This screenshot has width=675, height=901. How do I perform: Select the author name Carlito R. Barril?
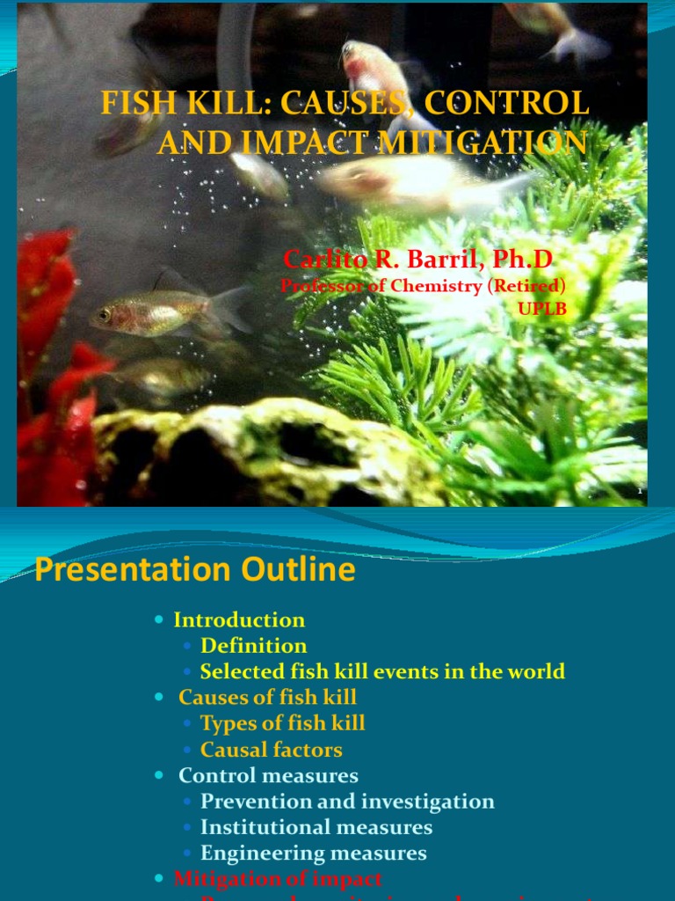point(396,260)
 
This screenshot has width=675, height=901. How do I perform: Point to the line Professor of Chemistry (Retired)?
point(423,285)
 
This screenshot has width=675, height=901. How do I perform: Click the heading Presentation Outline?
point(195,570)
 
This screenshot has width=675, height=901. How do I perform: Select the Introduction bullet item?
point(239,619)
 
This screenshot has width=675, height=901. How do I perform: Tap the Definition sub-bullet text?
point(253,646)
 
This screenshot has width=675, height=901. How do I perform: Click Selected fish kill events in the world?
point(382,671)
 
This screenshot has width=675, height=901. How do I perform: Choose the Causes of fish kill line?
point(267,698)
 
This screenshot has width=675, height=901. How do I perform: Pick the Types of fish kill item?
point(282,723)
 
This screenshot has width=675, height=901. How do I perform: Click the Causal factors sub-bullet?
point(271,750)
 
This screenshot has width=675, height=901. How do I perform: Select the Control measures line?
point(268,775)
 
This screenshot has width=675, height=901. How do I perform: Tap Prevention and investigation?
point(347,802)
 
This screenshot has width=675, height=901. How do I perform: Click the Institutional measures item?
point(316,827)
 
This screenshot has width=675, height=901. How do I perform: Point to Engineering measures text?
point(313,853)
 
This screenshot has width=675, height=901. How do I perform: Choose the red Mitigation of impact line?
point(278,878)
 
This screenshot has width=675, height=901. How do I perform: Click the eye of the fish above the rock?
point(105,314)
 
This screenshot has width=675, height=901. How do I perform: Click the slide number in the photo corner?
point(640,491)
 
